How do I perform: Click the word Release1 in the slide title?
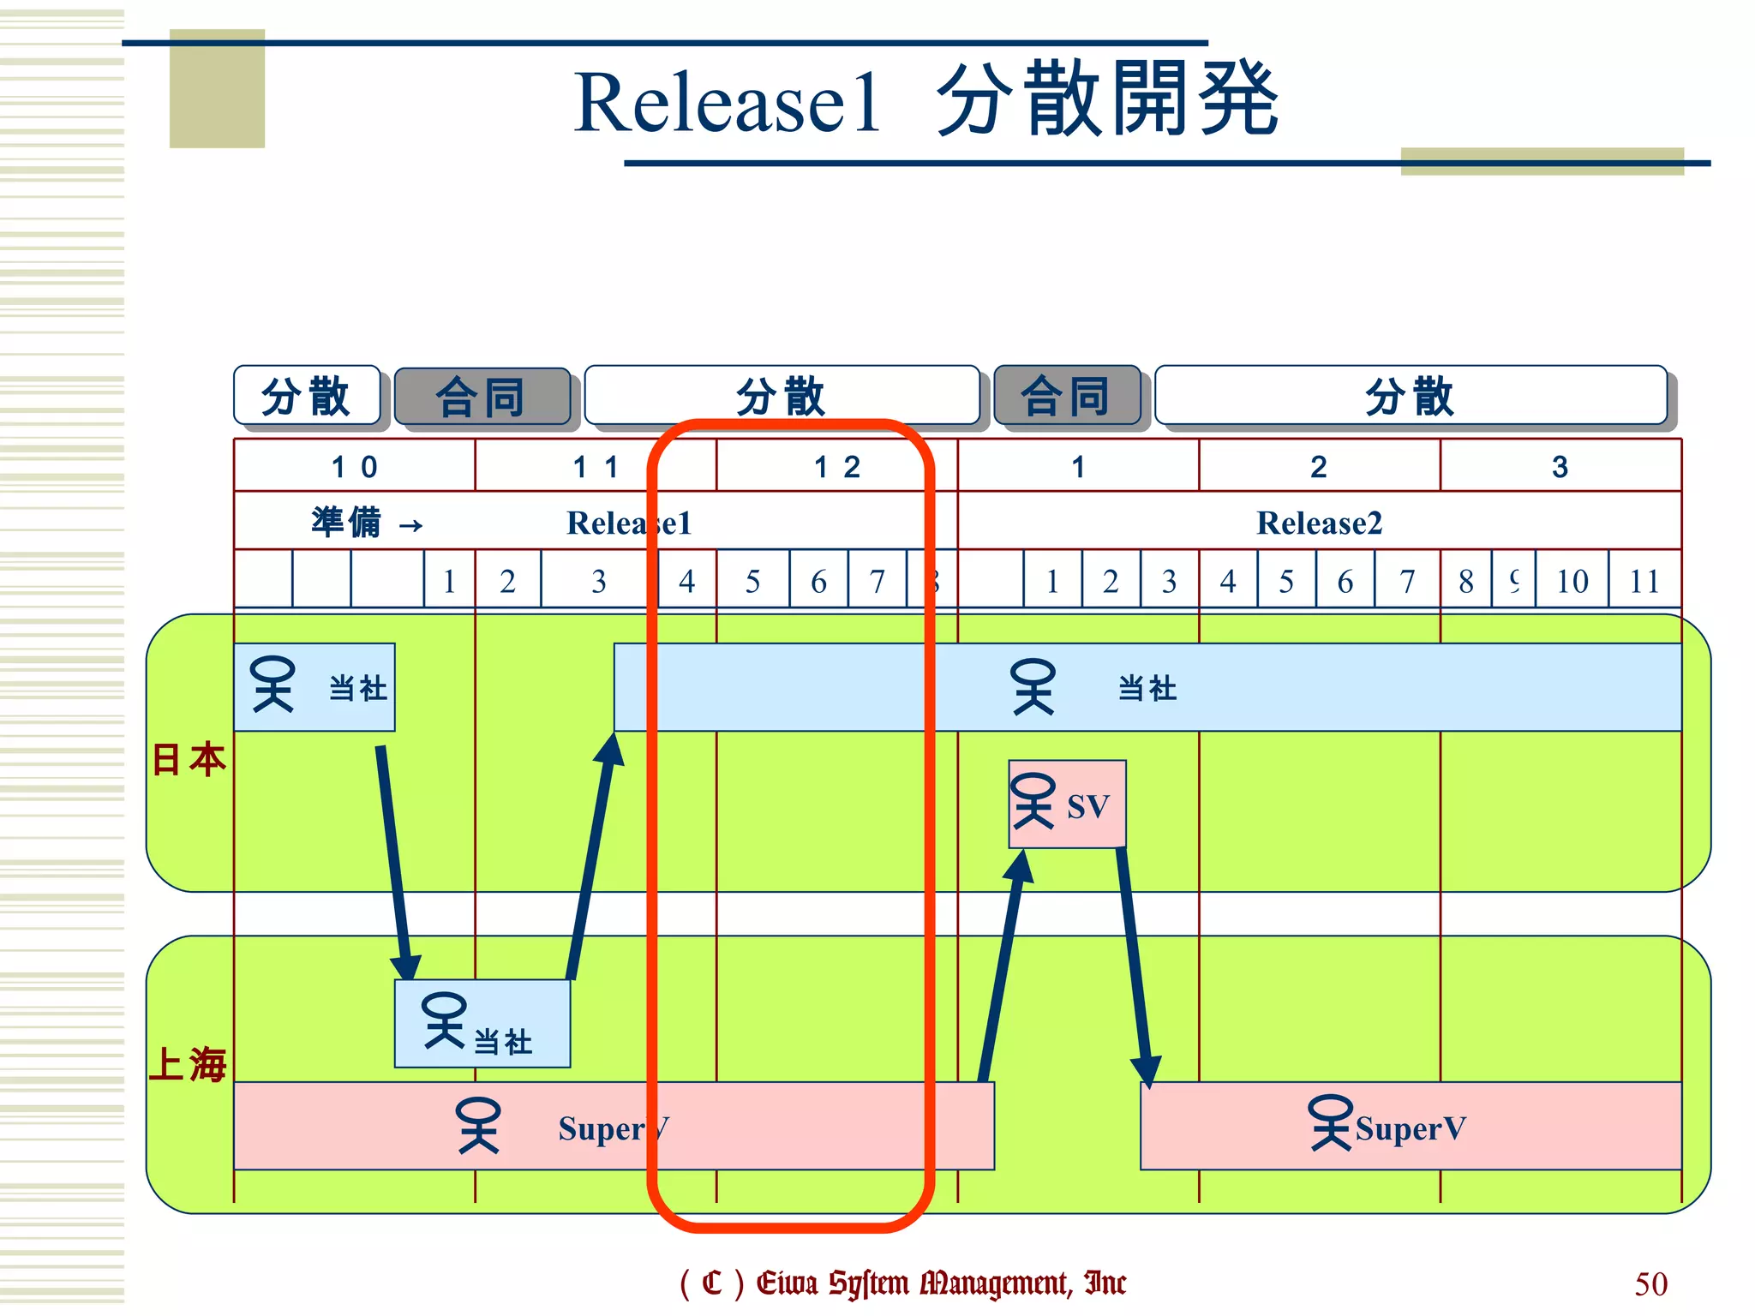click(x=727, y=103)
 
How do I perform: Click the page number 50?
click(x=1650, y=1283)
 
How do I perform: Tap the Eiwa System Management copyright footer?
click(x=902, y=1283)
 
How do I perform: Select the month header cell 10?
click(x=354, y=467)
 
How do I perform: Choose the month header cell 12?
click(x=836, y=467)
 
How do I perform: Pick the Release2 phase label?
click(x=1319, y=523)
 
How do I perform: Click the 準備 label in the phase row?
click(x=346, y=523)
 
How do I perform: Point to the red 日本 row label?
click(x=189, y=760)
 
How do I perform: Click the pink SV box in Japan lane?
click(x=1067, y=804)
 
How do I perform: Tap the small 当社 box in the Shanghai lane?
click(x=482, y=1023)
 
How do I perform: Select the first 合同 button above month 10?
click(x=482, y=397)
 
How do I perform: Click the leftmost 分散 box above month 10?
click(x=307, y=396)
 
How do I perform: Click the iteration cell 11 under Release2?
click(x=1644, y=582)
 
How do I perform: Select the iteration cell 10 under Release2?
click(x=1572, y=582)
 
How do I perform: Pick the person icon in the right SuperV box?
click(x=1329, y=1122)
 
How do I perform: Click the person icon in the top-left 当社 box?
click(x=273, y=685)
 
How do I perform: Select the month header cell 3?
click(x=1560, y=467)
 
